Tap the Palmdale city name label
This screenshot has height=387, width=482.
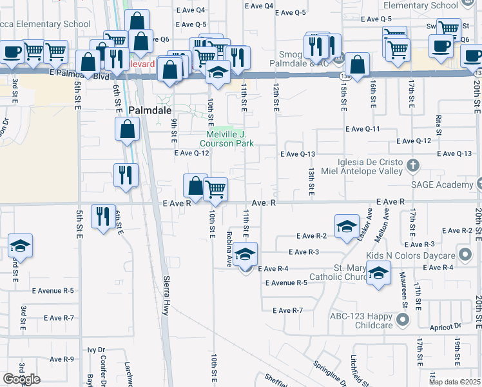coord(150,110)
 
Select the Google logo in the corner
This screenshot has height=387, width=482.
coord(21,379)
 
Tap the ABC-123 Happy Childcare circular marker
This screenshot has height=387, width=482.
coord(403,319)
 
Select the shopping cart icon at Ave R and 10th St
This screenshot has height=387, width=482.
coord(215,190)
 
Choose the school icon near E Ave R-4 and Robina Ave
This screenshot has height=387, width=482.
coord(245,255)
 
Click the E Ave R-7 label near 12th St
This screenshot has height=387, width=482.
coord(287,311)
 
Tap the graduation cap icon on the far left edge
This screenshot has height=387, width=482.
coord(20,246)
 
